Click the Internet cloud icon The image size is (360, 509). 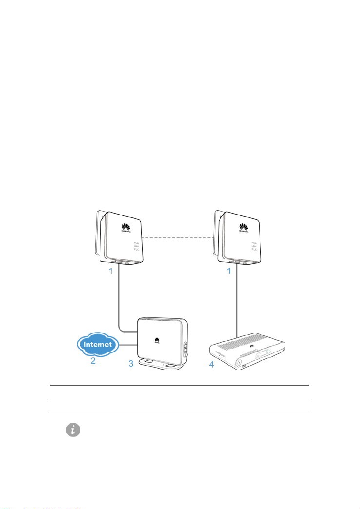click(x=100, y=344)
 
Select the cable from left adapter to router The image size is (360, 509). click(x=120, y=302)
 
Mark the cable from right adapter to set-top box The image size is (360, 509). click(x=237, y=302)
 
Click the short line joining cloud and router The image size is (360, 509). click(x=129, y=345)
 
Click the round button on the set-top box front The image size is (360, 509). click(x=240, y=363)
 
